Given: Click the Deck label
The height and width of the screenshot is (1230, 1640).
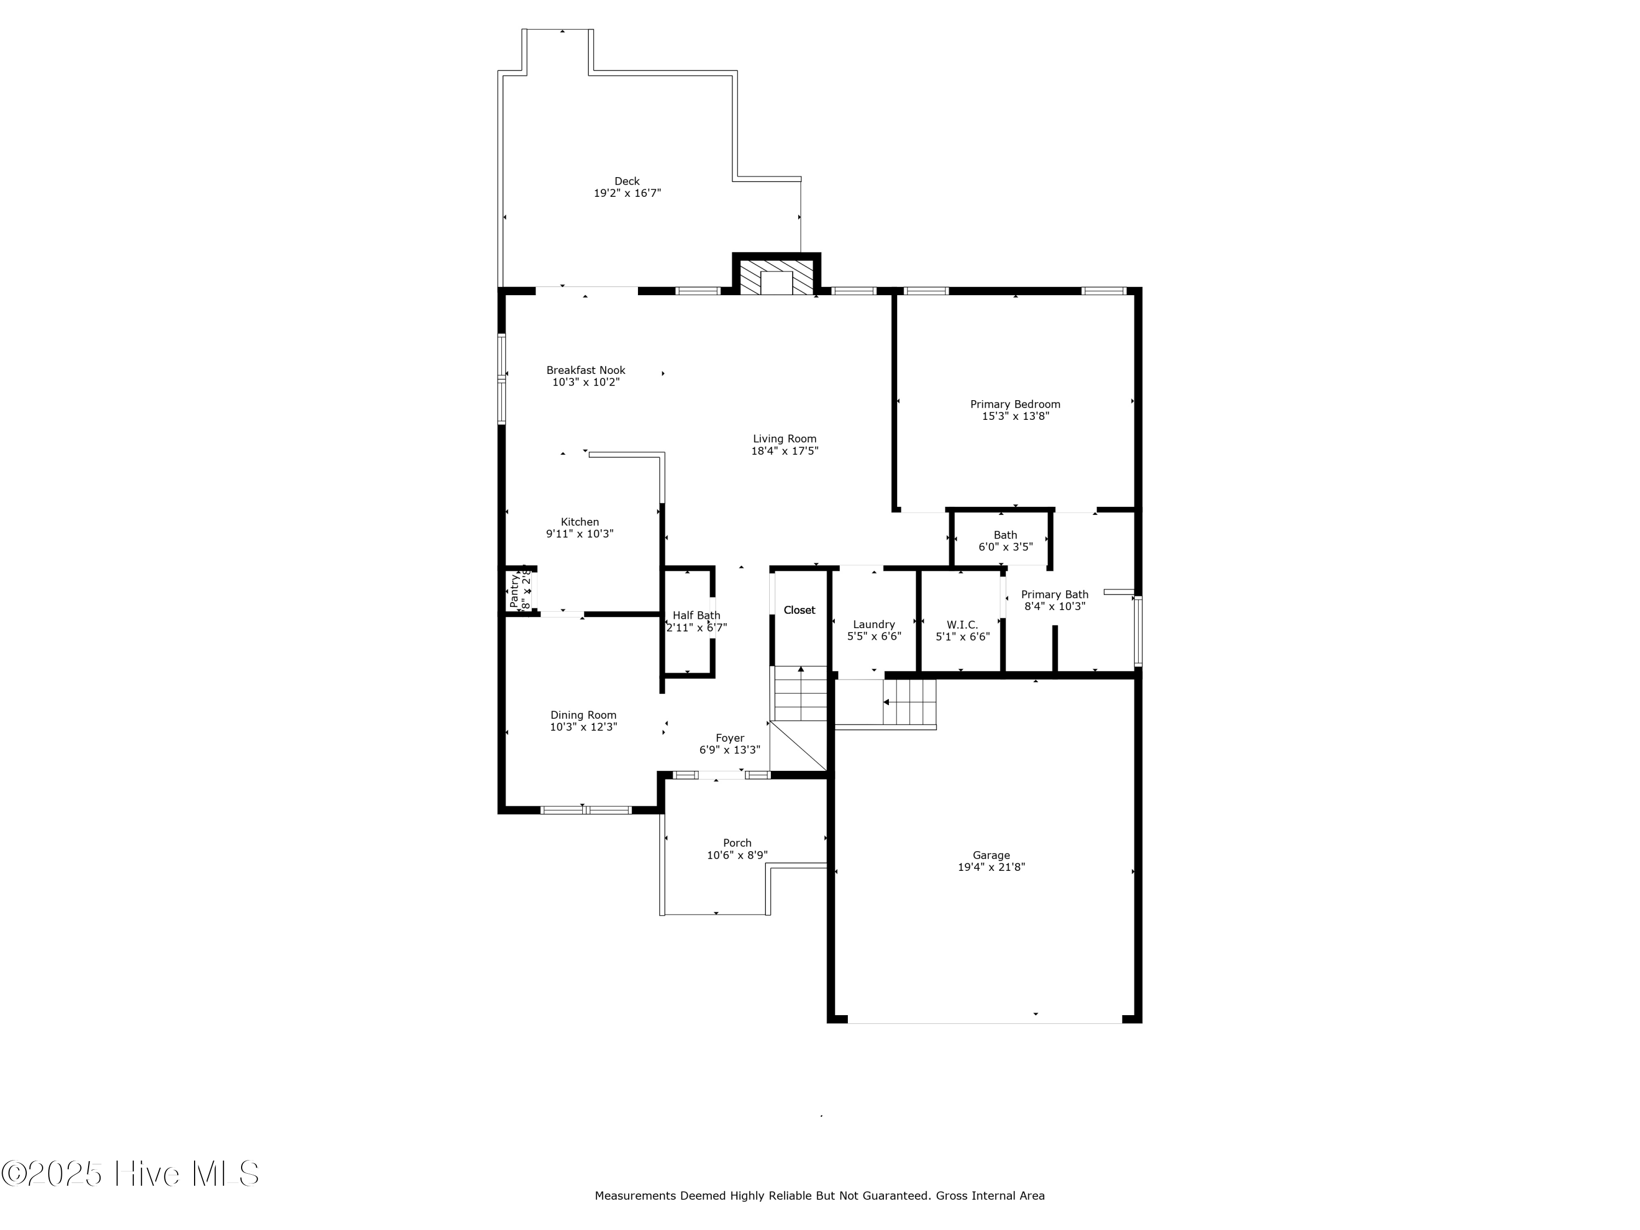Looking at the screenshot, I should point(626,181).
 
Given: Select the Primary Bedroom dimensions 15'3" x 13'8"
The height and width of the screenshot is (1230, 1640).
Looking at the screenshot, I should point(1015,416).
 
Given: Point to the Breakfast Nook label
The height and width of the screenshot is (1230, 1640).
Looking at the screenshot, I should point(585,370).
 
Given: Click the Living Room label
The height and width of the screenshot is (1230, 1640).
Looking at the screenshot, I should point(784,439).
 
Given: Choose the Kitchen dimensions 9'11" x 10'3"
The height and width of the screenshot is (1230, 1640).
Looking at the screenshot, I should point(580,534).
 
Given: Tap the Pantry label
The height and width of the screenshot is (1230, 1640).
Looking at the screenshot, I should point(514,590).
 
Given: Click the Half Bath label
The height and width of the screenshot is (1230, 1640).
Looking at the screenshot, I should point(696,616).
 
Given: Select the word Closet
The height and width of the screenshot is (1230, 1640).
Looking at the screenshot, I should point(799,610).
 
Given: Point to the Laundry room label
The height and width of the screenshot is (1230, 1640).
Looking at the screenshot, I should point(874,624).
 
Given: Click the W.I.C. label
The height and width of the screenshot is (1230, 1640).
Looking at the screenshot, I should point(962,625).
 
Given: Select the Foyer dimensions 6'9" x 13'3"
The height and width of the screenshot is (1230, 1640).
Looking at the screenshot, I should point(730,749).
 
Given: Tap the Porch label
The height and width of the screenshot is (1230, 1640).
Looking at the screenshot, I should point(737,843).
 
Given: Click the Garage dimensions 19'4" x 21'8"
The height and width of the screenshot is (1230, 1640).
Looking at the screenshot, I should point(991,866).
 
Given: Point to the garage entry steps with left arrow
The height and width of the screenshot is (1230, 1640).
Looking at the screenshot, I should point(909,702).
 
